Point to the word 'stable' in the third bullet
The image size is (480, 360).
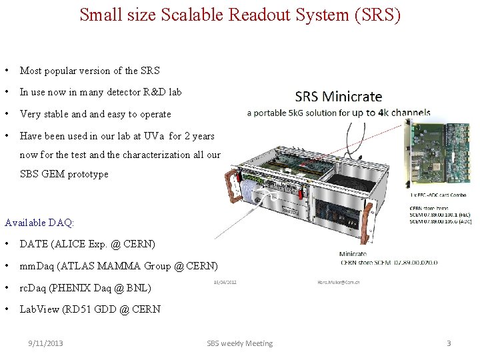tap(61, 114)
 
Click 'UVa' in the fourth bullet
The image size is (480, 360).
tap(152, 136)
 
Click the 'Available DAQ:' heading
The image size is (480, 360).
tap(39, 222)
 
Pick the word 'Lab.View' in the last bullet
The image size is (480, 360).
tap(39, 309)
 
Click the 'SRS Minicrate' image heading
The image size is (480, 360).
tap(339, 97)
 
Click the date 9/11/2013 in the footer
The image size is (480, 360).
tap(45, 343)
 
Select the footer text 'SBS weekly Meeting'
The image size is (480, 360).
tap(239, 343)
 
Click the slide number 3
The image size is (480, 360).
tap(449, 343)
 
